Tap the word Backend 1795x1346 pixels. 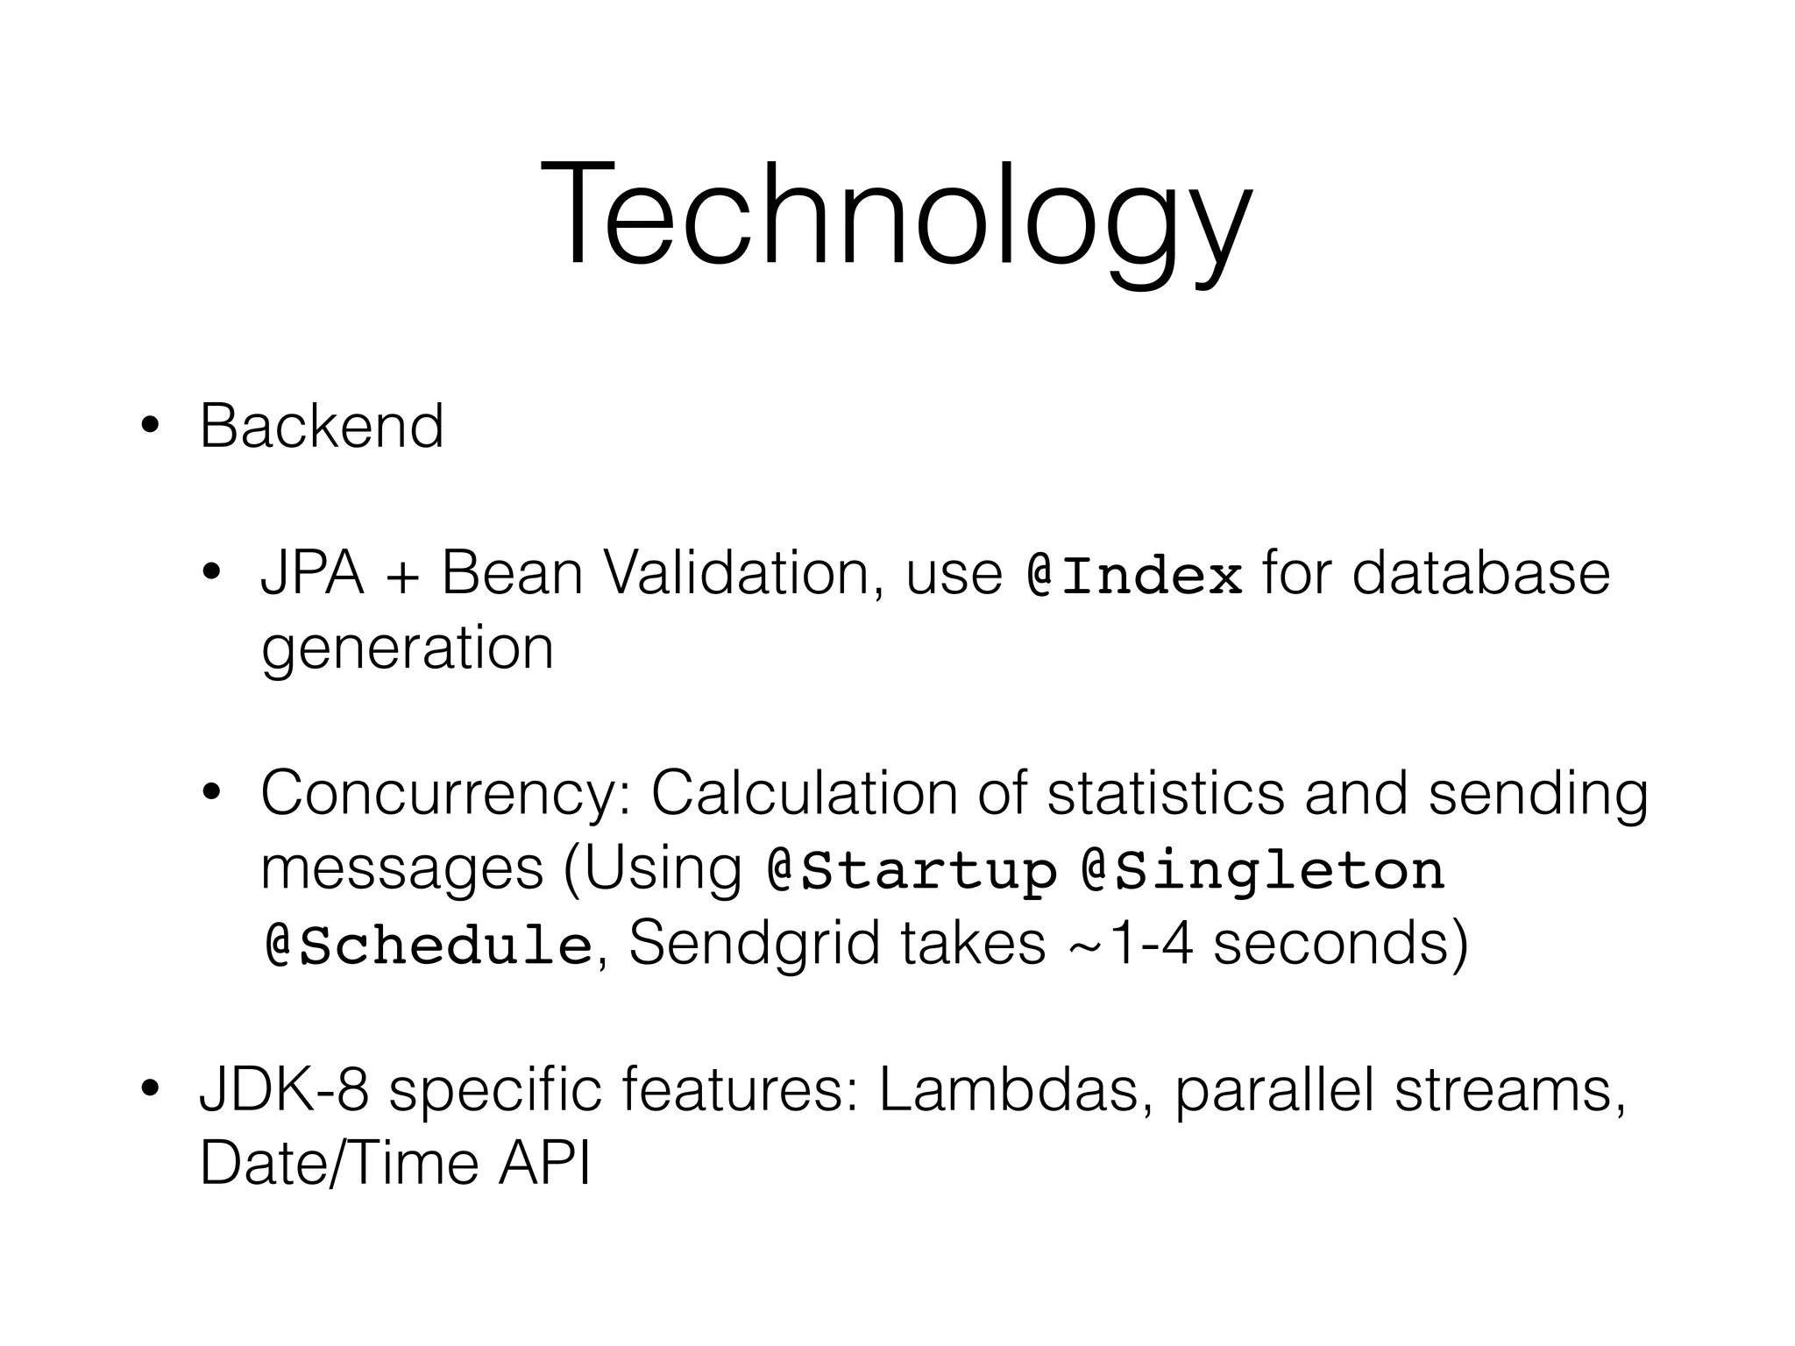322,427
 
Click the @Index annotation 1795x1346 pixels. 1134,576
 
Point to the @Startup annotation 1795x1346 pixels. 912,871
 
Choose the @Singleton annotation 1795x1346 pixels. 1263,871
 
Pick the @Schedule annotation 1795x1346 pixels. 428,946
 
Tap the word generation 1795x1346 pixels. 408,650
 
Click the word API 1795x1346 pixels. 544,1165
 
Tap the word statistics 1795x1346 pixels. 1166,794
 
